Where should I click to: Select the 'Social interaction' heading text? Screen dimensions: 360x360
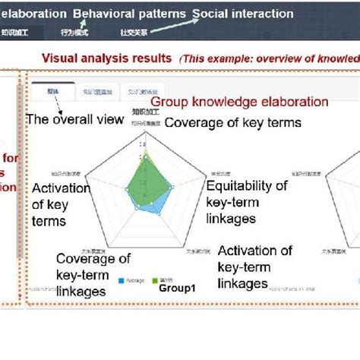tap(242, 14)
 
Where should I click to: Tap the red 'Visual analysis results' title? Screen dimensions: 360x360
tap(107, 58)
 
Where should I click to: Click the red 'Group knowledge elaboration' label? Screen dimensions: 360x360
tap(239, 102)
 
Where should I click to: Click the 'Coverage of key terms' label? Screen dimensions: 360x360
tap(232, 123)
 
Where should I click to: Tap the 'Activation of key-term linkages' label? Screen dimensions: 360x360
tap(254, 267)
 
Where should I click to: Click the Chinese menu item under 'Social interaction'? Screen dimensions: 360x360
tap(134, 32)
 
